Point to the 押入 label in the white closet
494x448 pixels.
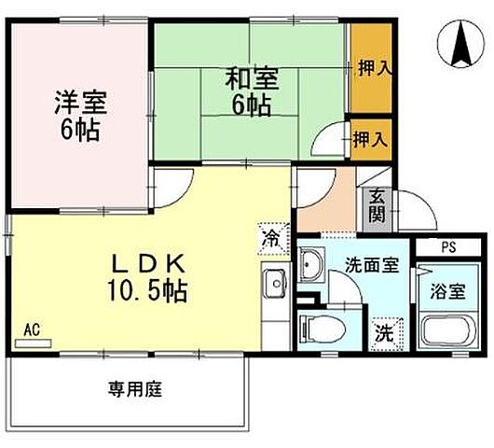point(370,140)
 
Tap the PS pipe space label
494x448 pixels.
point(448,247)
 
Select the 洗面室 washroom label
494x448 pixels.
point(372,264)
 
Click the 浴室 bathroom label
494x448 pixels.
point(446,291)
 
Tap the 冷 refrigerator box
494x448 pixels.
point(269,238)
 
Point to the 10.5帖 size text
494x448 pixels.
point(149,291)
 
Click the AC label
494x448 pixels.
point(31,329)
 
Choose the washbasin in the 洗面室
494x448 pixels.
point(312,263)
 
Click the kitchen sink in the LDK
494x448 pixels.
point(275,284)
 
